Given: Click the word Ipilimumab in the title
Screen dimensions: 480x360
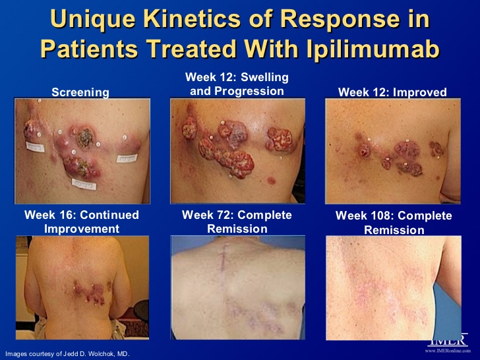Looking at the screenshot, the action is (x=373, y=49).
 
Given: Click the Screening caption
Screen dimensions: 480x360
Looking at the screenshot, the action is (x=80, y=92).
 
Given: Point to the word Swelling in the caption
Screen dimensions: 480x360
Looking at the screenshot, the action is (x=264, y=77).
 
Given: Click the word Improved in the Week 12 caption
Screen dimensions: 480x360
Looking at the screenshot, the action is (x=420, y=92).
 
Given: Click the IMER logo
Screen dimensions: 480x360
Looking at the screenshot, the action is (x=450, y=340).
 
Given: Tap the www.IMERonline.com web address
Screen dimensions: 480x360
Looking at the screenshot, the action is (x=448, y=351).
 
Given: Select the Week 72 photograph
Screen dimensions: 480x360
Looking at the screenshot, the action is (x=238, y=287).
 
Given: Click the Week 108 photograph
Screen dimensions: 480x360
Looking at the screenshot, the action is (x=394, y=287).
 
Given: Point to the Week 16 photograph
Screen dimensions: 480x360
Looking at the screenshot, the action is (x=82, y=287).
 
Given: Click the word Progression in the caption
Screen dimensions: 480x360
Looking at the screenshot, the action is (x=249, y=91).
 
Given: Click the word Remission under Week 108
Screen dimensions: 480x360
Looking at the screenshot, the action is (x=394, y=230).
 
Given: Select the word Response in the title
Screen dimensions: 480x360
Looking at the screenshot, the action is (x=340, y=20).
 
